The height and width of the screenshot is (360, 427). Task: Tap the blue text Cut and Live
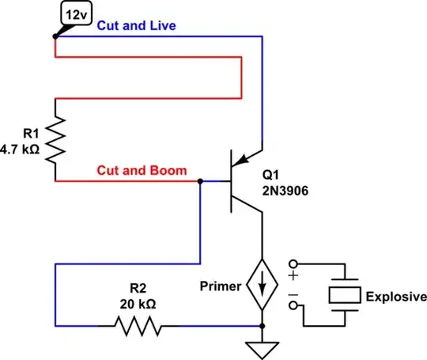click(136, 25)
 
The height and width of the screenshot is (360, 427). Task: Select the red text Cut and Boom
click(142, 170)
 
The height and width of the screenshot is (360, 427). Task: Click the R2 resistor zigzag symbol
click(138, 325)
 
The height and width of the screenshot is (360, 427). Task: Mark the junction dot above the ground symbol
click(260, 325)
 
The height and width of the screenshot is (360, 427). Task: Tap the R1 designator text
click(30, 134)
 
